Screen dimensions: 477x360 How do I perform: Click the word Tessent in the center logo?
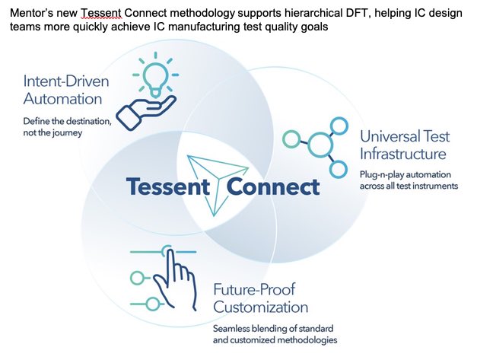coord(168,186)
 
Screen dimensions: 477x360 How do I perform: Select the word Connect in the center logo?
coord(273,186)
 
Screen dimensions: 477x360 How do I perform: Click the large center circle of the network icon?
coord(320,145)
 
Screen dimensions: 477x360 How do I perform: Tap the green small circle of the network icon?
coord(291,139)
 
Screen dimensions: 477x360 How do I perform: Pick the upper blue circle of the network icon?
coord(339,126)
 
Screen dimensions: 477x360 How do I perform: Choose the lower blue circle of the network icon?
coord(339,169)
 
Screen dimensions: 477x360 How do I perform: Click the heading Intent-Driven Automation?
coord(65,90)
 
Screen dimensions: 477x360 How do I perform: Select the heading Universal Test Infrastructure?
coord(405,145)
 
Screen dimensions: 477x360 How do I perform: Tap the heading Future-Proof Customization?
coord(260,298)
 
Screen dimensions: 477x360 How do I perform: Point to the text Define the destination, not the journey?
coord(67,127)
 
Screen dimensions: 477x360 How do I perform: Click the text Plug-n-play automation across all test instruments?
coord(409,180)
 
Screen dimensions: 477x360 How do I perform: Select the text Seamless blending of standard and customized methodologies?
coord(275,334)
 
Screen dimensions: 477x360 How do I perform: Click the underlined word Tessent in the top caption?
coord(101,13)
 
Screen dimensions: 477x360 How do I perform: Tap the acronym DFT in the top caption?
coord(357,13)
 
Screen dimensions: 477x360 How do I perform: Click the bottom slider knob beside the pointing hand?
coord(152,304)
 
